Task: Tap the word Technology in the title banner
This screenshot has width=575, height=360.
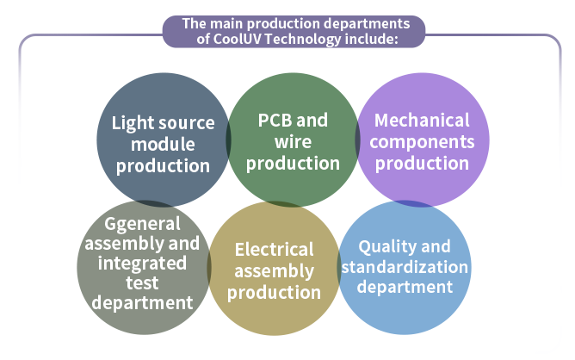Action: click(x=303, y=40)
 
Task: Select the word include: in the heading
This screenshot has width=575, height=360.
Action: click(x=372, y=39)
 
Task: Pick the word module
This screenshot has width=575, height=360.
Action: click(x=163, y=144)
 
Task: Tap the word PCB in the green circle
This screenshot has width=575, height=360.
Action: click(x=275, y=121)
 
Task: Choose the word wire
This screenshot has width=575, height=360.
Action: click(x=293, y=142)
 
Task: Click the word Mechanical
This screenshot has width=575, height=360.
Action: click(x=422, y=121)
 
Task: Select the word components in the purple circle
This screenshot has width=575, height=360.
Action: click(x=422, y=142)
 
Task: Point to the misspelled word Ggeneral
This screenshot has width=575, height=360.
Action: click(x=142, y=224)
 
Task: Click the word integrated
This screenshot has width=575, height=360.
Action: click(x=142, y=264)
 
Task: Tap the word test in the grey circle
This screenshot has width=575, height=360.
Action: click(x=142, y=283)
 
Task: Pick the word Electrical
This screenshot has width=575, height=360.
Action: click(x=275, y=250)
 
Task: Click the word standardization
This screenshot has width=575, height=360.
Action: click(x=405, y=267)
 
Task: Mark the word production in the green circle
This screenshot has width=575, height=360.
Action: click(x=293, y=164)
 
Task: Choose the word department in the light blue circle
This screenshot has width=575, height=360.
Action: click(x=405, y=287)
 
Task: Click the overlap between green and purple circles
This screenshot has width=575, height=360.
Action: click(x=357, y=140)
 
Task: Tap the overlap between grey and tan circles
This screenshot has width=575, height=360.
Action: click(x=209, y=268)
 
